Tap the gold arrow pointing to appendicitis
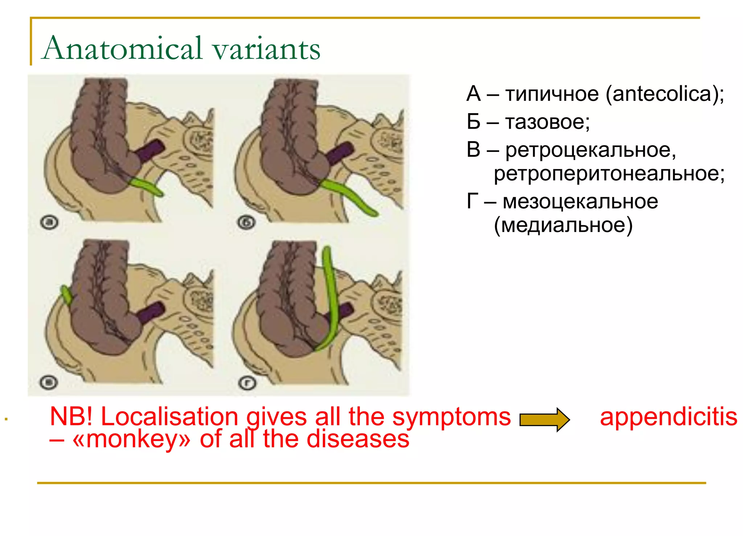coord(544,420)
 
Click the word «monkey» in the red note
coord(131,439)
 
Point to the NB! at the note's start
coord(71,417)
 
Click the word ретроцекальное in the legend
coord(591,150)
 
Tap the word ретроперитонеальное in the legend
coord(609,173)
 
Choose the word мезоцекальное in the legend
coord(580,201)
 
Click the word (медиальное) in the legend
coord(563,225)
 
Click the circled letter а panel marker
coord(49,222)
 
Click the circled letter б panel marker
coord(247,222)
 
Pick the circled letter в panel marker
coord(49,382)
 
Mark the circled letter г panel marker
coord(247,383)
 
